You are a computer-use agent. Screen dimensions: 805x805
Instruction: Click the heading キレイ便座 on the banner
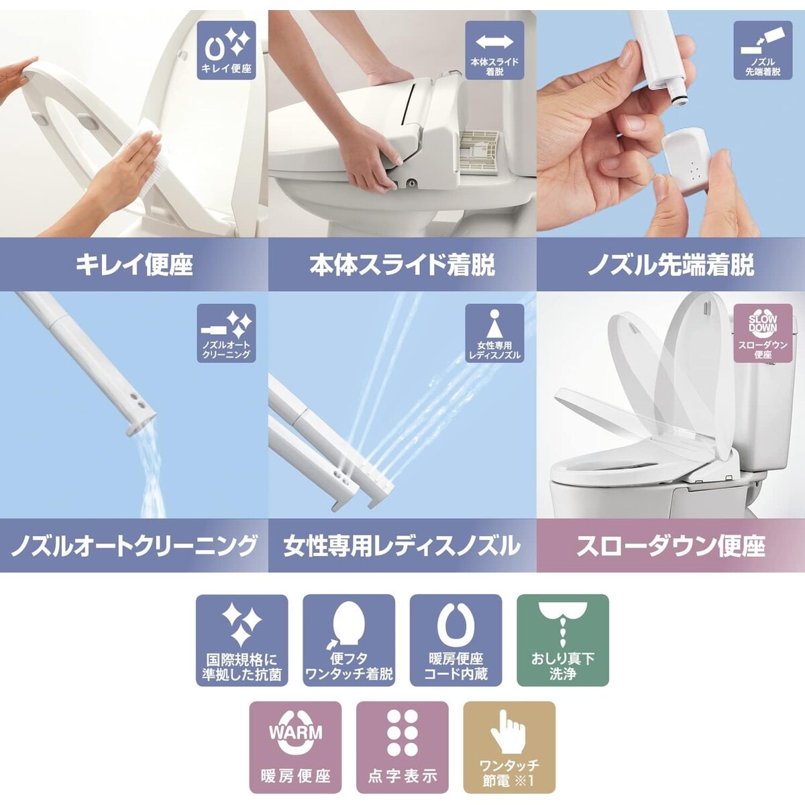point(134,265)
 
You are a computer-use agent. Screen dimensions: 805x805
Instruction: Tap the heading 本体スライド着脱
point(402,265)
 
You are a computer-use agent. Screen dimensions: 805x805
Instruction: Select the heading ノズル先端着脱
point(671,265)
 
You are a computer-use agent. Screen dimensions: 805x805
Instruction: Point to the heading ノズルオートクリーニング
point(134,545)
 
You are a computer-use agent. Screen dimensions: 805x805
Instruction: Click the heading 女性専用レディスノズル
point(402,545)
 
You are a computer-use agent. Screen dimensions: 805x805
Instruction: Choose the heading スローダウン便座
point(671,545)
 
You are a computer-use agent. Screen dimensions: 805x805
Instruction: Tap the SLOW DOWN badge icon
point(763,333)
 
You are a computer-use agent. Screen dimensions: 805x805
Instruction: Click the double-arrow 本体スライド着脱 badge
point(494,50)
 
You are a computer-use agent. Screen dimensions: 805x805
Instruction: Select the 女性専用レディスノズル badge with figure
point(494,333)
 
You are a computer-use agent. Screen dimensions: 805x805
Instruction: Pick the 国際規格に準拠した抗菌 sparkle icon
point(241,640)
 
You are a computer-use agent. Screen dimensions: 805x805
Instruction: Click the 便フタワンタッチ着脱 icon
point(349,640)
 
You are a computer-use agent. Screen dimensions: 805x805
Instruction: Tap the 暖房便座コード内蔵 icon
point(455,640)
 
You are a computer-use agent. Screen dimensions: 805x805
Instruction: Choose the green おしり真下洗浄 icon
point(562,640)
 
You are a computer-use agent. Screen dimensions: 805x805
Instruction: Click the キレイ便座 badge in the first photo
point(226,50)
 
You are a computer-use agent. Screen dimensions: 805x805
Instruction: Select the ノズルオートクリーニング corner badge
point(226,333)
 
